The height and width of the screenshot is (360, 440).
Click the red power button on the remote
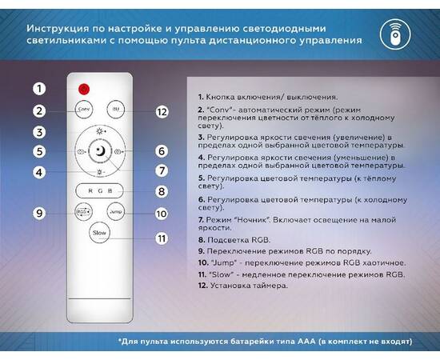[82, 88]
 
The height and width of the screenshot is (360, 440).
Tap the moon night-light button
[100, 150]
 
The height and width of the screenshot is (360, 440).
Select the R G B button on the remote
[100, 191]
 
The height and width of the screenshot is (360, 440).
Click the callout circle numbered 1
[39, 89]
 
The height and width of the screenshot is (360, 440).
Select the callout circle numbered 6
[161, 150]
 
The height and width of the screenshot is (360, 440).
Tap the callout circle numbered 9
[39, 213]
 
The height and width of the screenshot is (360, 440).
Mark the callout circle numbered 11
[161, 238]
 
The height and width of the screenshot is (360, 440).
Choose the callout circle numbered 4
[39, 171]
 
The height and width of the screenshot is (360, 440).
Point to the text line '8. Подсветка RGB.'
[233, 239]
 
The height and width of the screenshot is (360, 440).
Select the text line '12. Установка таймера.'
[243, 284]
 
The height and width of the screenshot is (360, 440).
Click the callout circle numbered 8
[161, 192]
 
